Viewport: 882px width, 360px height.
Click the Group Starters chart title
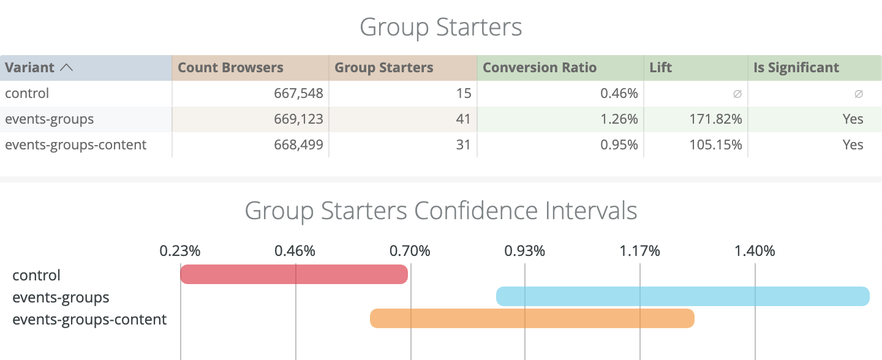441,28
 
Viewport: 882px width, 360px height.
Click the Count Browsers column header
230,68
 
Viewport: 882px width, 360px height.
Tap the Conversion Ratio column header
540,68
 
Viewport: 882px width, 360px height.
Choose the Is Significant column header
796,68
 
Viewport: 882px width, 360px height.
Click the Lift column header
661,68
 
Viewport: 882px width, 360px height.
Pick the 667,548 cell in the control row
298,94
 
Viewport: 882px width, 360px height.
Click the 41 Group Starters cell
463,119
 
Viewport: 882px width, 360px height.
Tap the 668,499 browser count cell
298,145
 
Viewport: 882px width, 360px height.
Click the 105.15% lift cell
714,145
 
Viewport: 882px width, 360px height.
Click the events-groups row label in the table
50,119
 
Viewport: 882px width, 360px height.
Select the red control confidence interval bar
294,274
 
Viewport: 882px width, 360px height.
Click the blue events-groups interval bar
682,296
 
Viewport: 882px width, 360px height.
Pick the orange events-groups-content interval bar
532,318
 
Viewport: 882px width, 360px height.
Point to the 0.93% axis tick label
525,251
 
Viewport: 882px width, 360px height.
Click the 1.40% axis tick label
755,251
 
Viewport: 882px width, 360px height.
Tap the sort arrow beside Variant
66,68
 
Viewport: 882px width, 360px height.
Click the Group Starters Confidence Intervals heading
441,211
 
